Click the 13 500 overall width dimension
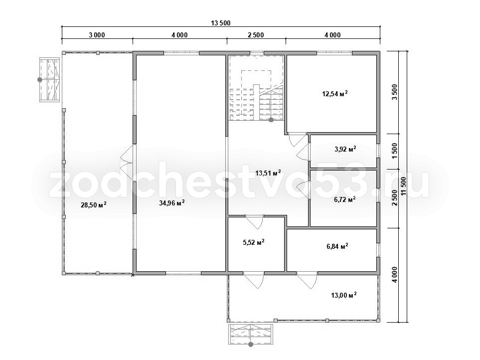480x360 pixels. click(x=220, y=23)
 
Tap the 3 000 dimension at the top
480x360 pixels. click(x=97, y=35)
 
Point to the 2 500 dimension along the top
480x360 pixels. click(x=256, y=35)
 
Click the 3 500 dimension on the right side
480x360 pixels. click(x=395, y=92)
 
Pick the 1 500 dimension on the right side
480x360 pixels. click(x=395, y=151)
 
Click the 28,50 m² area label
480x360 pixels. click(x=93, y=204)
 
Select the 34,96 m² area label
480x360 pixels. click(x=172, y=202)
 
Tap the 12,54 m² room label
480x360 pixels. click(x=334, y=93)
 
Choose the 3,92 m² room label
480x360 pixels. click(x=345, y=149)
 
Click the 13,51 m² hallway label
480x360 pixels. click(x=268, y=173)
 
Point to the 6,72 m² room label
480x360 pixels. click(x=345, y=199)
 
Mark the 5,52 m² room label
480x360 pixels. click(x=254, y=242)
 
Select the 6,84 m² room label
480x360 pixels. click(x=337, y=246)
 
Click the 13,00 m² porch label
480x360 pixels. click(x=344, y=295)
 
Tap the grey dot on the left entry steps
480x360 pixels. click(x=39, y=80)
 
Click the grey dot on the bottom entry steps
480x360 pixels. click(x=251, y=345)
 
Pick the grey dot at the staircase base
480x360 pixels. click(x=271, y=120)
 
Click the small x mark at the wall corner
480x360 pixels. click(x=133, y=275)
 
